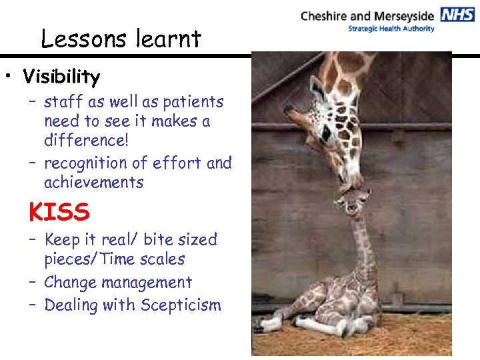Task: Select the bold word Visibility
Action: click(x=61, y=77)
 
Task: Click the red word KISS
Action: click(x=59, y=213)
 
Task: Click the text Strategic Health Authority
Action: click(x=391, y=29)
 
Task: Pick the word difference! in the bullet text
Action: click(x=81, y=141)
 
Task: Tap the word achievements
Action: click(x=93, y=183)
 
